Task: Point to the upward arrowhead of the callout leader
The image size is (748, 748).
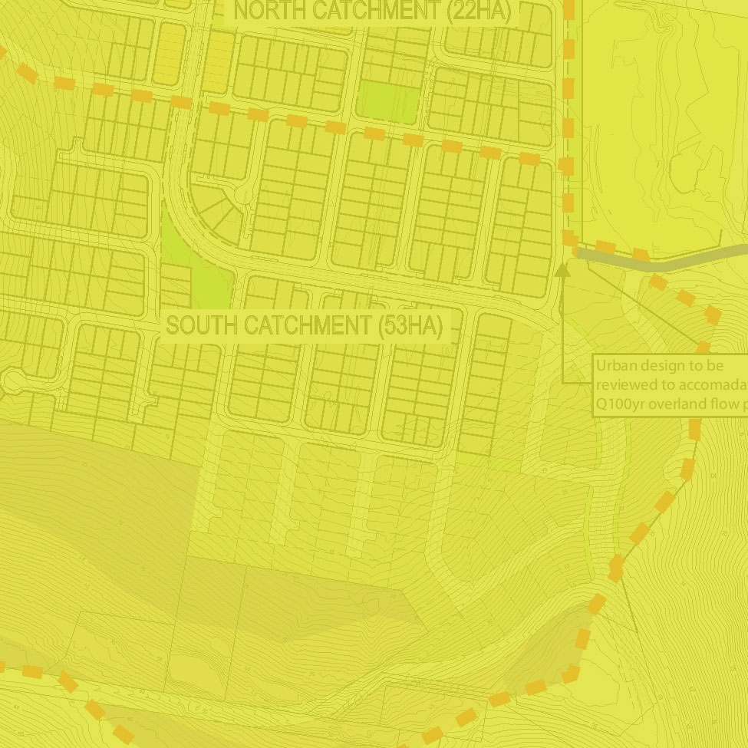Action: (x=562, y=269)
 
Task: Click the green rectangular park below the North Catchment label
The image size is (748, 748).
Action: (x=390, y=103)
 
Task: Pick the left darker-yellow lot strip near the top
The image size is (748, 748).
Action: (x=170, y=52)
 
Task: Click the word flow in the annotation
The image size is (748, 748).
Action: (x=725, y=404)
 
